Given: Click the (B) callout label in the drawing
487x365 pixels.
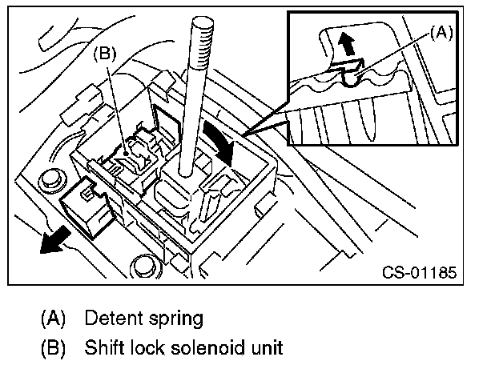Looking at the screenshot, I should point(107,55).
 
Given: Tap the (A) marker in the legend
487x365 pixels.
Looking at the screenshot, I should point(54,319).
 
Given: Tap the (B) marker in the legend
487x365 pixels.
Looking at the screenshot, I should point(54,349).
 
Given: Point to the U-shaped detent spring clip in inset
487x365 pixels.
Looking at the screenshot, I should point(351,74).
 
